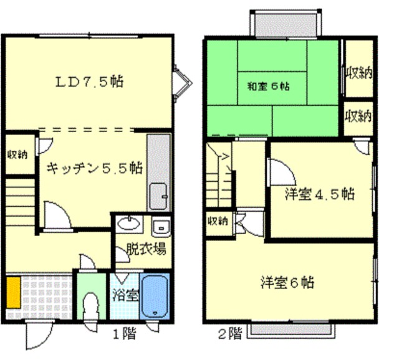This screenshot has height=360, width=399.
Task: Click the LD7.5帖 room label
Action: (90, 82)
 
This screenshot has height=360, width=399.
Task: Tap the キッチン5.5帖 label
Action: (95, 168)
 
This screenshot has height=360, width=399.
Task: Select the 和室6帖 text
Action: (269, 87)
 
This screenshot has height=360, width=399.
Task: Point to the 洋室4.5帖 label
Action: (320, 194)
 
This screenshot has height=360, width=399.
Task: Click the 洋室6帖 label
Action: (287, 282)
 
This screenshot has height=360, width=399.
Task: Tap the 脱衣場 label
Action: (147, 249)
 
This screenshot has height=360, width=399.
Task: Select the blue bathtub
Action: (155, 296)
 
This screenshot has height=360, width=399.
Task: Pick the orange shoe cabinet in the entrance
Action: (14, 293)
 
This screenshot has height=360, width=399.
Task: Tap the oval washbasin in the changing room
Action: (129, 224)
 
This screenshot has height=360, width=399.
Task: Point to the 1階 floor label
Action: (125, 334)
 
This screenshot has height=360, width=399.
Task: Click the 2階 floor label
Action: (230, 334)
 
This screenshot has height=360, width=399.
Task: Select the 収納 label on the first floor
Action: (17, 154)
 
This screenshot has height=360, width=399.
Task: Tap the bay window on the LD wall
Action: (183, 83)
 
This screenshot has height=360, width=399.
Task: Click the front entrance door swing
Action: (39, 334)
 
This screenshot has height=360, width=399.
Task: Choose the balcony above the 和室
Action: (286, 25)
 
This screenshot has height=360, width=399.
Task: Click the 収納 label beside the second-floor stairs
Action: (218, 222)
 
